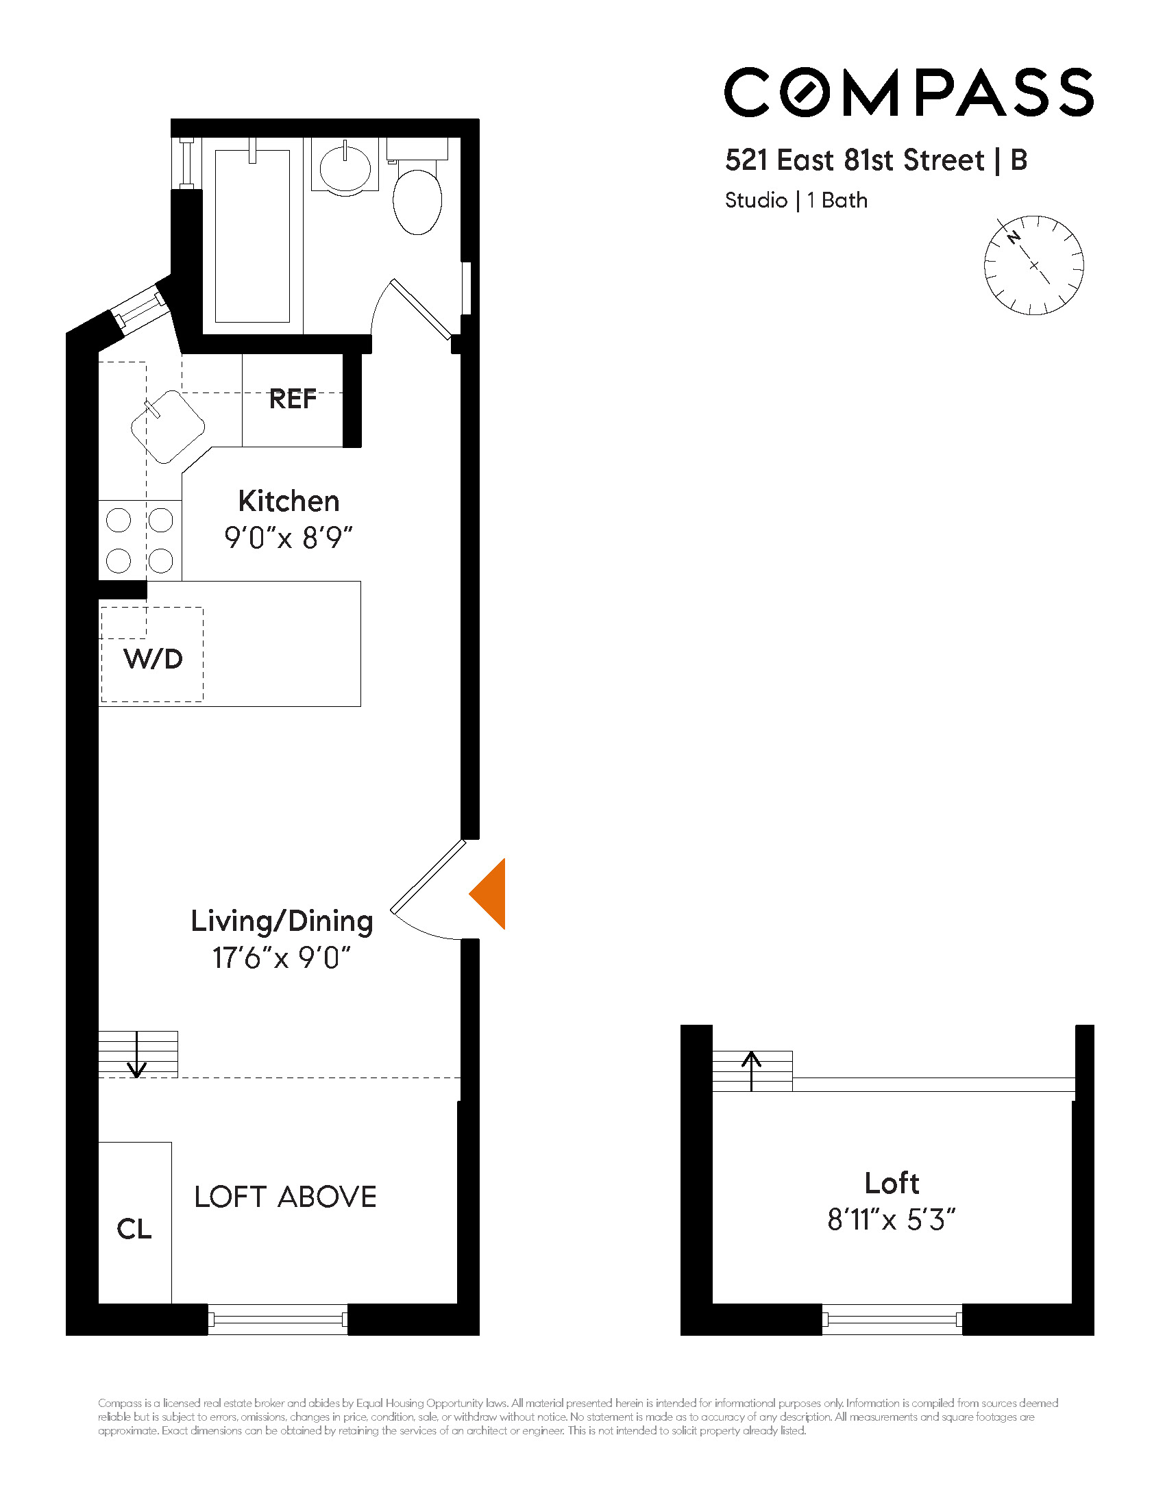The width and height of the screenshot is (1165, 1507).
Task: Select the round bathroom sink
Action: [345, 166]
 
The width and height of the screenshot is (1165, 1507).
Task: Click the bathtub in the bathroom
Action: [252, 237]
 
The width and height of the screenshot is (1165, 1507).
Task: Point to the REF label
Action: [293, 399]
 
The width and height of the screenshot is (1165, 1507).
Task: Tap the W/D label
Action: [154, 659]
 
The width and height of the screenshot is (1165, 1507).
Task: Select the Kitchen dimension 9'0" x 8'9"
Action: [289, 538]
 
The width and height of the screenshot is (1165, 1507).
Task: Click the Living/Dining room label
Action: [282, 921]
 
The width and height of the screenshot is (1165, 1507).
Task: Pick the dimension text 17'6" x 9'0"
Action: [282, 958]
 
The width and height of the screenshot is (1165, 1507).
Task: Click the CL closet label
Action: [134, 1229]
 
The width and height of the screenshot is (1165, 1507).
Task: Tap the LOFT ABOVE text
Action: [285, 1197]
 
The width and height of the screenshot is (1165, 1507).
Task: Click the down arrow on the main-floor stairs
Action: [137, 1056]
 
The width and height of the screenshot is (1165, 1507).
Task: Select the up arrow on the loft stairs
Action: [752, 1070]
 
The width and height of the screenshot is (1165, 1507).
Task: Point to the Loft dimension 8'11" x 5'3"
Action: [891, 1221]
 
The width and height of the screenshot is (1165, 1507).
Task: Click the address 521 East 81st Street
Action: [855, 160]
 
